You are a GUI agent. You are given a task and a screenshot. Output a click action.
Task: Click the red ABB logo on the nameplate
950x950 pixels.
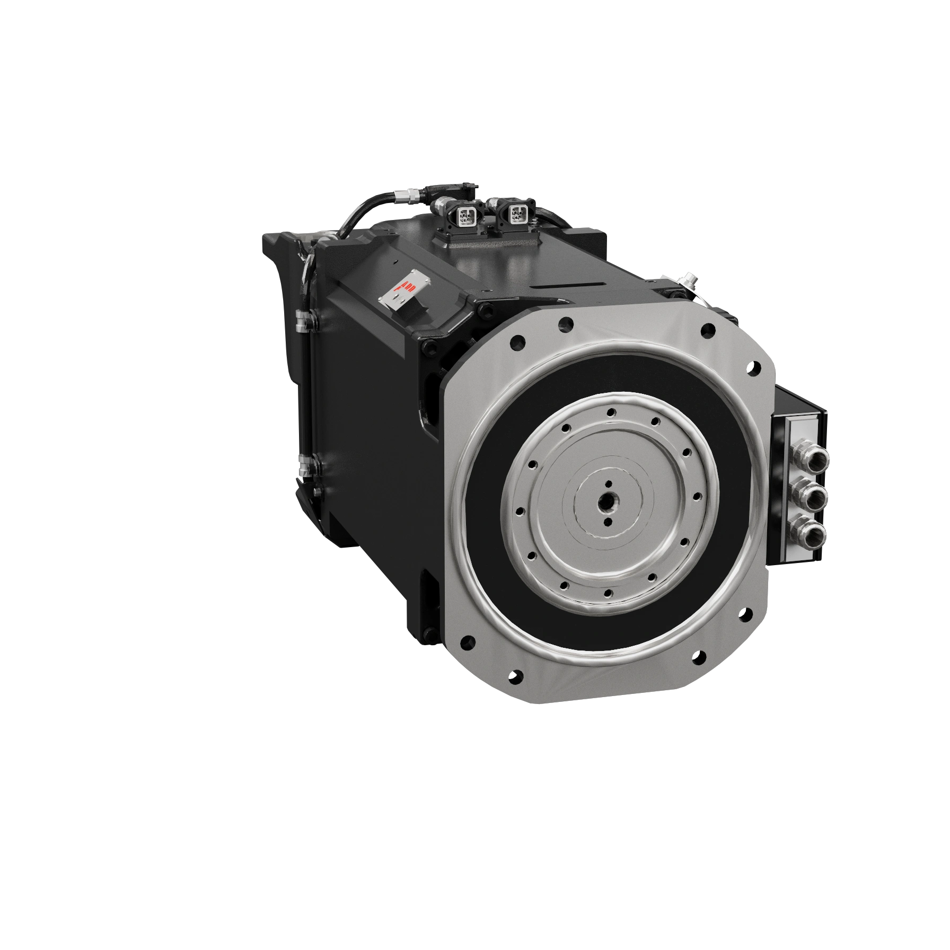pyautogui.click(x=409, y=288)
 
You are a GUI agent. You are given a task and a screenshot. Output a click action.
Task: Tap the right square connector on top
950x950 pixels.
pyautogui.click(x=516, y=214)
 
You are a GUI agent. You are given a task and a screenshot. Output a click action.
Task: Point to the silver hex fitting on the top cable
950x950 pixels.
pyautogui.click(x=410, y=197)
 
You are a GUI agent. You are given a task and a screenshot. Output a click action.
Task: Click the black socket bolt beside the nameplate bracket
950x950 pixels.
pyautogui.click(x=485, y=312)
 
